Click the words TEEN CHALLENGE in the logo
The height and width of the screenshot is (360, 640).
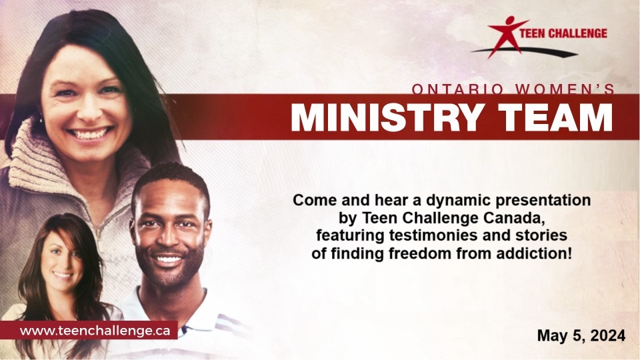point(563,33)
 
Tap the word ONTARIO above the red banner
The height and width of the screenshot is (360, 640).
point(457,89)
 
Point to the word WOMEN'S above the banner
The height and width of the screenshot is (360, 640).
point(565,89)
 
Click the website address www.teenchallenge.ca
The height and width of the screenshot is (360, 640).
point(95,331)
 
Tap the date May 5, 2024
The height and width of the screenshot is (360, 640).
point(581,335)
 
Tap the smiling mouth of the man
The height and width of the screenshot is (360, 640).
point(169,259)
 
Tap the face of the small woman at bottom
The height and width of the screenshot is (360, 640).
point(62,261)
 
